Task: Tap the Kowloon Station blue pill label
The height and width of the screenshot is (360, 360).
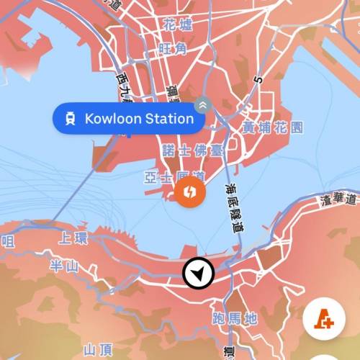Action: (x=127, y=119)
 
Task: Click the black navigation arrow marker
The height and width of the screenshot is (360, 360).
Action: (x=199, y=272)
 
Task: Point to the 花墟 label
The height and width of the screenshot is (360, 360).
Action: (x=178, y=26)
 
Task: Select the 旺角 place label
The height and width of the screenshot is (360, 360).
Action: (x=172, y=48)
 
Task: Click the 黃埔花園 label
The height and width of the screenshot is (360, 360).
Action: (x=272, y=127)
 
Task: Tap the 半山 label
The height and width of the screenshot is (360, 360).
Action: (x=65, y=266)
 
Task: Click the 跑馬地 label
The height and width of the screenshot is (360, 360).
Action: (x=235, y=318)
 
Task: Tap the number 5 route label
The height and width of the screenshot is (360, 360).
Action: (x=255, y=78)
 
